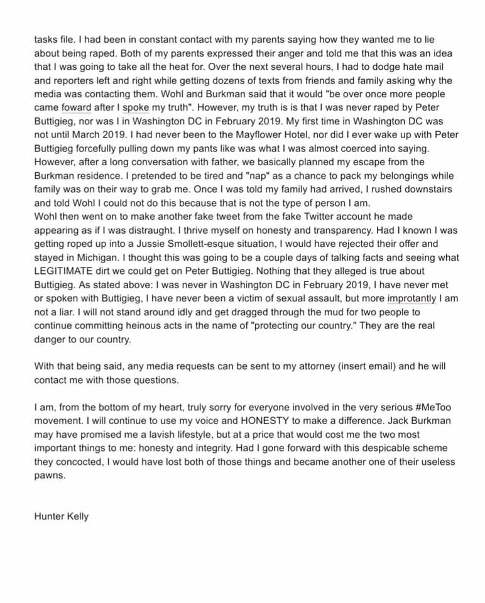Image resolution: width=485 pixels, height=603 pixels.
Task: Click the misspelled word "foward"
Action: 76,107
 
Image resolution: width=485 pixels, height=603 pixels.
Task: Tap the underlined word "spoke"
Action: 136,107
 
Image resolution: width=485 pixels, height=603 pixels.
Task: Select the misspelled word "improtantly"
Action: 411,298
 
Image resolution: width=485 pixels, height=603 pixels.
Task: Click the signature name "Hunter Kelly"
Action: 61,516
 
